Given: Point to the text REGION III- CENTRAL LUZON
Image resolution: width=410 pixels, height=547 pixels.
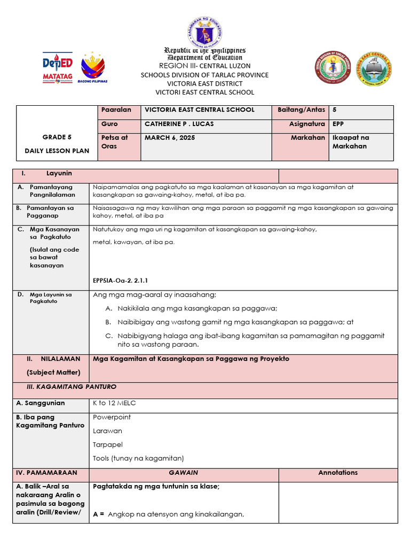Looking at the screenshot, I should pos(204,66).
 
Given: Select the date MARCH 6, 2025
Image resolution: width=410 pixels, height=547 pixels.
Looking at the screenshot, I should pos(170,137).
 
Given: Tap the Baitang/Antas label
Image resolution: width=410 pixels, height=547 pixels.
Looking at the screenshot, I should pos(301,110).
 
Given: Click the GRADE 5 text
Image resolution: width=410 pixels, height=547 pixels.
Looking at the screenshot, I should pos(57,137).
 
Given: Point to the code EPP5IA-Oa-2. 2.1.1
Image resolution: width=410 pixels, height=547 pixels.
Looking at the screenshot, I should pos(120,279).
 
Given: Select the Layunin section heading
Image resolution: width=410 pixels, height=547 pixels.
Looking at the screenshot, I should pos(59,174).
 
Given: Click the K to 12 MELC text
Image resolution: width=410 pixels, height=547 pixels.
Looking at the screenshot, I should pos(114,403).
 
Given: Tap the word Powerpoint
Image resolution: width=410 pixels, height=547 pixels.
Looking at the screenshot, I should pos(112,417).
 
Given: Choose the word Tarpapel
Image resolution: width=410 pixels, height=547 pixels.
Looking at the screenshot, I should pos(108,444).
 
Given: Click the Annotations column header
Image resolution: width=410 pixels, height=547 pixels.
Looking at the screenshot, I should pos(338,473).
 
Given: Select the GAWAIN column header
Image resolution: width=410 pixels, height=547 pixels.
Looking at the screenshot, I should pos(183,473).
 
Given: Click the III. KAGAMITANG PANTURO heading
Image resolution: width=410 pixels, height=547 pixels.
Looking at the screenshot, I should pos(72,387).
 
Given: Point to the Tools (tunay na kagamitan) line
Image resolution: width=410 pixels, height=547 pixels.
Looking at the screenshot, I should pos(138,458).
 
